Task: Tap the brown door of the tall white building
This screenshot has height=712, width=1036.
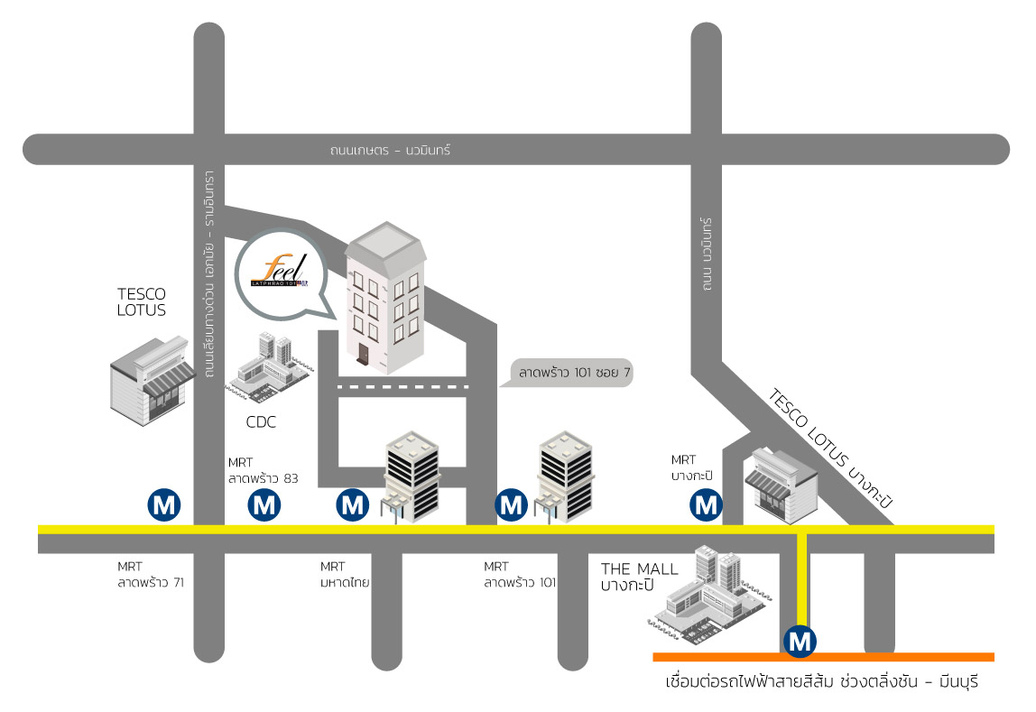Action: (364, 355)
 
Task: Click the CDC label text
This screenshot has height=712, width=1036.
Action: (261, 421)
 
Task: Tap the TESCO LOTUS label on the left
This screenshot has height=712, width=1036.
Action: (142, 301)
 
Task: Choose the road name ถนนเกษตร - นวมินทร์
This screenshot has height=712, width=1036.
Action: (390, 151)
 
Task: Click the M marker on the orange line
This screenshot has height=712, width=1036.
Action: (800, 642)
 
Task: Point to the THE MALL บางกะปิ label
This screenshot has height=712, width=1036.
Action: (639, 577)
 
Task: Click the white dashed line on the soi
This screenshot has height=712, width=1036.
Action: (402, 387)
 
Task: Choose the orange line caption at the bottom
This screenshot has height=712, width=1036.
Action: (820, 681)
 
